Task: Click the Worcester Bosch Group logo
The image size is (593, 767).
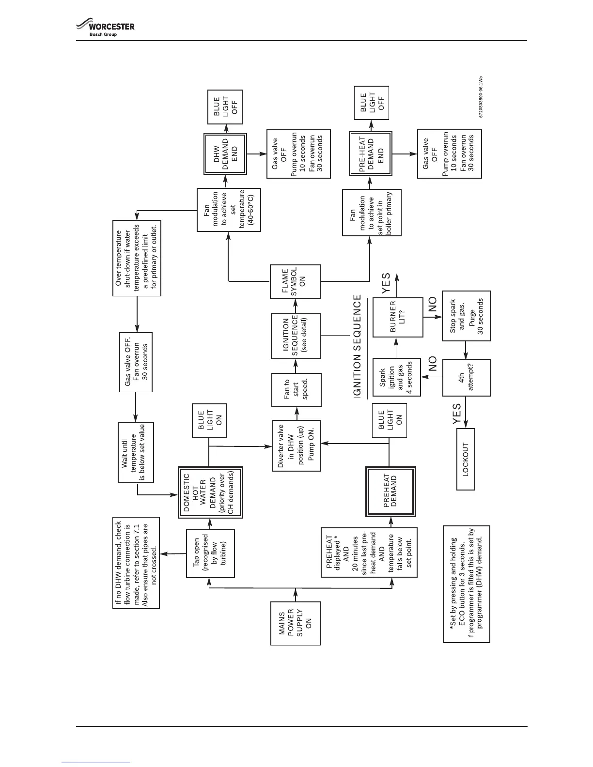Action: click(x=105, y=28)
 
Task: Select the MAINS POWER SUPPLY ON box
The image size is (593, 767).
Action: click(x=296, y=623)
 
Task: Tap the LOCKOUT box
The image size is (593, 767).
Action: click(x=466, y=459)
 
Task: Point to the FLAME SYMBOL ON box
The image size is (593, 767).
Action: click(x=296, y=282)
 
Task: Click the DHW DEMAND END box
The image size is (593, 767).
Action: click(x=225, y=154)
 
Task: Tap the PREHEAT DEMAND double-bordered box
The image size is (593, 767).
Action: click(x=390, y=491)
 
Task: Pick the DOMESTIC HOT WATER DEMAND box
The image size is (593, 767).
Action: click(x=210, y=493)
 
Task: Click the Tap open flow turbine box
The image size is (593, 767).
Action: click(x=210, y=553)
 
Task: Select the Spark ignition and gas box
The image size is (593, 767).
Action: click(x=396, y=377)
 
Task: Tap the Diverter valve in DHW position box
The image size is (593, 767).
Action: click(x=296, y=445)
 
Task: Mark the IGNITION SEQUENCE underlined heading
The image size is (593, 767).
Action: click(x=358, y=347)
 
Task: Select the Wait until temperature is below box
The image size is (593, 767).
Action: click(x=136, y=453)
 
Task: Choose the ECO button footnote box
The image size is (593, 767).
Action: click(x=466, y=584)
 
